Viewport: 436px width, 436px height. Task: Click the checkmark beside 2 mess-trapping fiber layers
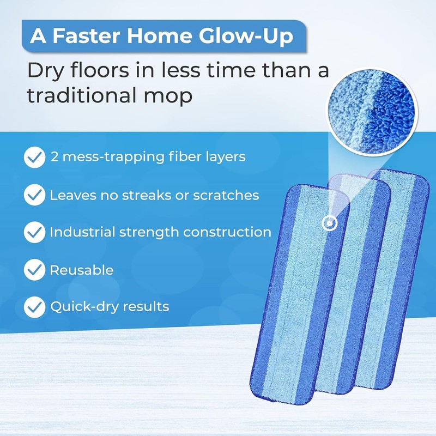point(34,157)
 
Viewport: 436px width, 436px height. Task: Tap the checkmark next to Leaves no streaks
point(34,195)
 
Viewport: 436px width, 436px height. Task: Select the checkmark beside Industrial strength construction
point(34,232)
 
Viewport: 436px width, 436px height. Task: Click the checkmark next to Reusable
point(34,270)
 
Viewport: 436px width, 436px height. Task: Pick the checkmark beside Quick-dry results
point(34,307)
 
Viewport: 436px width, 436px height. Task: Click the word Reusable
point(82,270)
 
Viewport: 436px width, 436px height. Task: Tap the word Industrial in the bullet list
point(78,232)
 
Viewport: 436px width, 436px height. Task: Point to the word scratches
point(226,195)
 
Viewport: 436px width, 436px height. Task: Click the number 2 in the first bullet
point(54,157)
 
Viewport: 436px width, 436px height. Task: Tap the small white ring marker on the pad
point(329,222)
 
